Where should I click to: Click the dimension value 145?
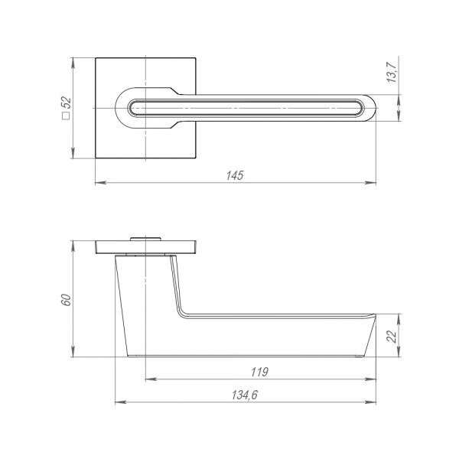click(235, 175)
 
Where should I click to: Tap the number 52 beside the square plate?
click(67, 103)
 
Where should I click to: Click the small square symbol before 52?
click(67, 116)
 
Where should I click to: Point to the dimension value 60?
click(67, 300)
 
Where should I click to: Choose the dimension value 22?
click(392, 336)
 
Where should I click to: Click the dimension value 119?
click(259, 372)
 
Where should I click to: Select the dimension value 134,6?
click(245, 395)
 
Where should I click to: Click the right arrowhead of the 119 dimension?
click(370, 379)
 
